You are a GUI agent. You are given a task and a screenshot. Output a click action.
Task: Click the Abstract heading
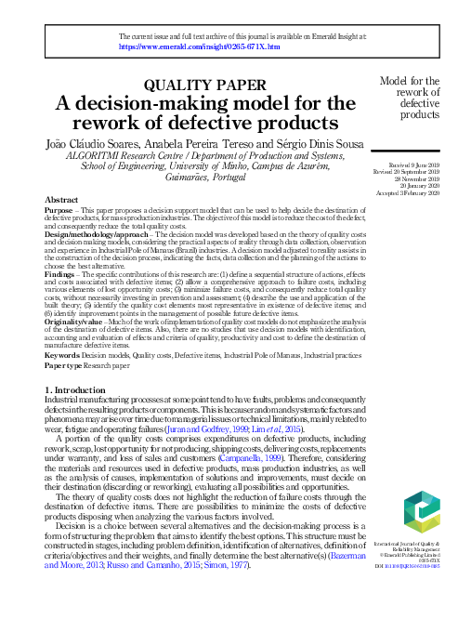click(60, 200)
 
